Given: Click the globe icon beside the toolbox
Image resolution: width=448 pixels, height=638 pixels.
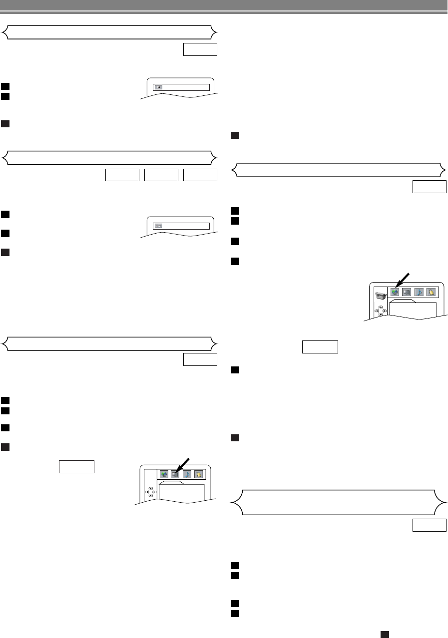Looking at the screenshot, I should pos(395,292).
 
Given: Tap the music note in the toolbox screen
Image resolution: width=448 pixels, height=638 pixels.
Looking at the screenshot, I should pos(419,292).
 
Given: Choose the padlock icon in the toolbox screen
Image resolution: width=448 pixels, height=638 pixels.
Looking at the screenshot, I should pos(431,292).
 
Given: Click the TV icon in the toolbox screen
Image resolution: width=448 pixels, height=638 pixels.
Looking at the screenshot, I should pos(407,292).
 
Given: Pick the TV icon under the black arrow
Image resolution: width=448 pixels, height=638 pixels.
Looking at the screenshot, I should pos(175,474).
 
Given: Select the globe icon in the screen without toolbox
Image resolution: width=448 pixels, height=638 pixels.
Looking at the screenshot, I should pos(163,474).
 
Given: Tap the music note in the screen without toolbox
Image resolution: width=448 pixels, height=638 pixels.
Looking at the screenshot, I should pos(187,474).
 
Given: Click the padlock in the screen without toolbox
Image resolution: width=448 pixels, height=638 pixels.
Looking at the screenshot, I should pos(198,474).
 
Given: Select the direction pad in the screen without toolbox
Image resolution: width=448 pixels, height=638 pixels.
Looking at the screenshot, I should pos(150,492).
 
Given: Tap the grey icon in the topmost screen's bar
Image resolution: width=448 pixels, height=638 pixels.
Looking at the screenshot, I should pos(158,87).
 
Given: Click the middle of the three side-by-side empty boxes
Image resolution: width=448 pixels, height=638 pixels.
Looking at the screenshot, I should pos(161,175).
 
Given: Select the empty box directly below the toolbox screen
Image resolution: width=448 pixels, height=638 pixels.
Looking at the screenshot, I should pos(320,346).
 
